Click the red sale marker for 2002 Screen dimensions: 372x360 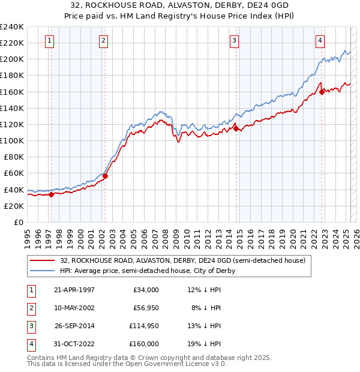pyautogui.click(x=105, y=176)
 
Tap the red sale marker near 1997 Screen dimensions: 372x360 pyautogui.click(x=51, y=194)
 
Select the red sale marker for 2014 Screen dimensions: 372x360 pyautogui.click(x=236, y=128)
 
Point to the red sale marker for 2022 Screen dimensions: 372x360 pyautogui.click(x=322, y=92)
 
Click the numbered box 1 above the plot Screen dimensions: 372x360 pyautogui.click(x=49, y=41)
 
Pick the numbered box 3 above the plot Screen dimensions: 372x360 pyautogui.click(x=233, y=41)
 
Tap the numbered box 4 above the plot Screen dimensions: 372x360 pyautogui.click(x=320, y=41)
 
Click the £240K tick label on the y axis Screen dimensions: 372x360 pyautogui.click(x=12, y=27)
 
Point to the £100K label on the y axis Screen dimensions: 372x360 pyautogui.click(x=12, y=140)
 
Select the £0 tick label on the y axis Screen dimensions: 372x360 pyautogui.click(x=19, y=222)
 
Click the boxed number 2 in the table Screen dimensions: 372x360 pyautogui.click(x=30, y=308)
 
